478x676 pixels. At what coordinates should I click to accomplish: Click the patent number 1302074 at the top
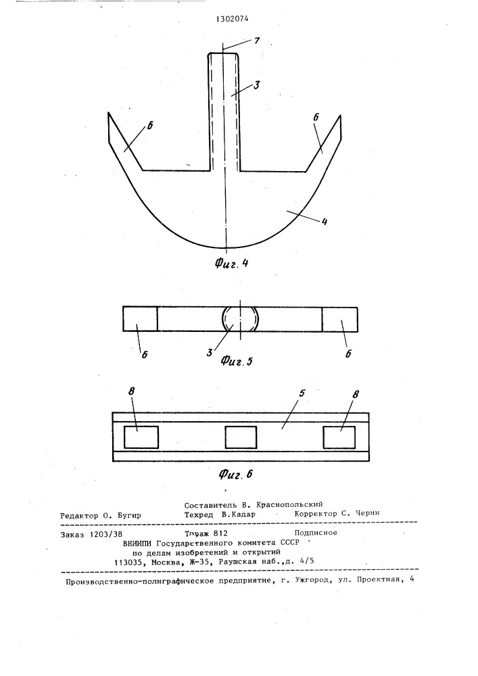(x=231, y=19)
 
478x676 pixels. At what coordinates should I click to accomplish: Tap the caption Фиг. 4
(x=231, y=264)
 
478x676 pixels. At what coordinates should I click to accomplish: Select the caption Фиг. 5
(x=236, y=360)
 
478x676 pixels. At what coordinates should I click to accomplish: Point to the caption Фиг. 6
(x=235, y=475)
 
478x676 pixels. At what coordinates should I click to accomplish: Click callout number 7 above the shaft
(x=257, y=41)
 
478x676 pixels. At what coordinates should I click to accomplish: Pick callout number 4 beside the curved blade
(x=324, y=222)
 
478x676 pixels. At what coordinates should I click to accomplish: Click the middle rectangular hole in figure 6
(x=241, y=437)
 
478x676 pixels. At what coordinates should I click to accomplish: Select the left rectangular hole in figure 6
(x=141, y=437)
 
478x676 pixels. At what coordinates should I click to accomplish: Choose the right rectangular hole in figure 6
(x=339, y=437)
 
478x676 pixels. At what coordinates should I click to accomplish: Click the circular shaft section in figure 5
(x=240, y=320)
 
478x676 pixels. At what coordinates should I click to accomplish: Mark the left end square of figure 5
(x=140, y=319)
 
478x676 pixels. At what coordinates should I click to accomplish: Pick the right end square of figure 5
(x=339, y=320)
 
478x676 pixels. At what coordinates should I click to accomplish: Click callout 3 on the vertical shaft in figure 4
(x=256, y=84)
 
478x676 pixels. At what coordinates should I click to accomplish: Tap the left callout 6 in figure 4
(x=149, y=126)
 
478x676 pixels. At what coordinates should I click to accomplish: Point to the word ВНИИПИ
(x=137, y=543)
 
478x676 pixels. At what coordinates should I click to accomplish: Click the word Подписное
(x=316, y=533)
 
